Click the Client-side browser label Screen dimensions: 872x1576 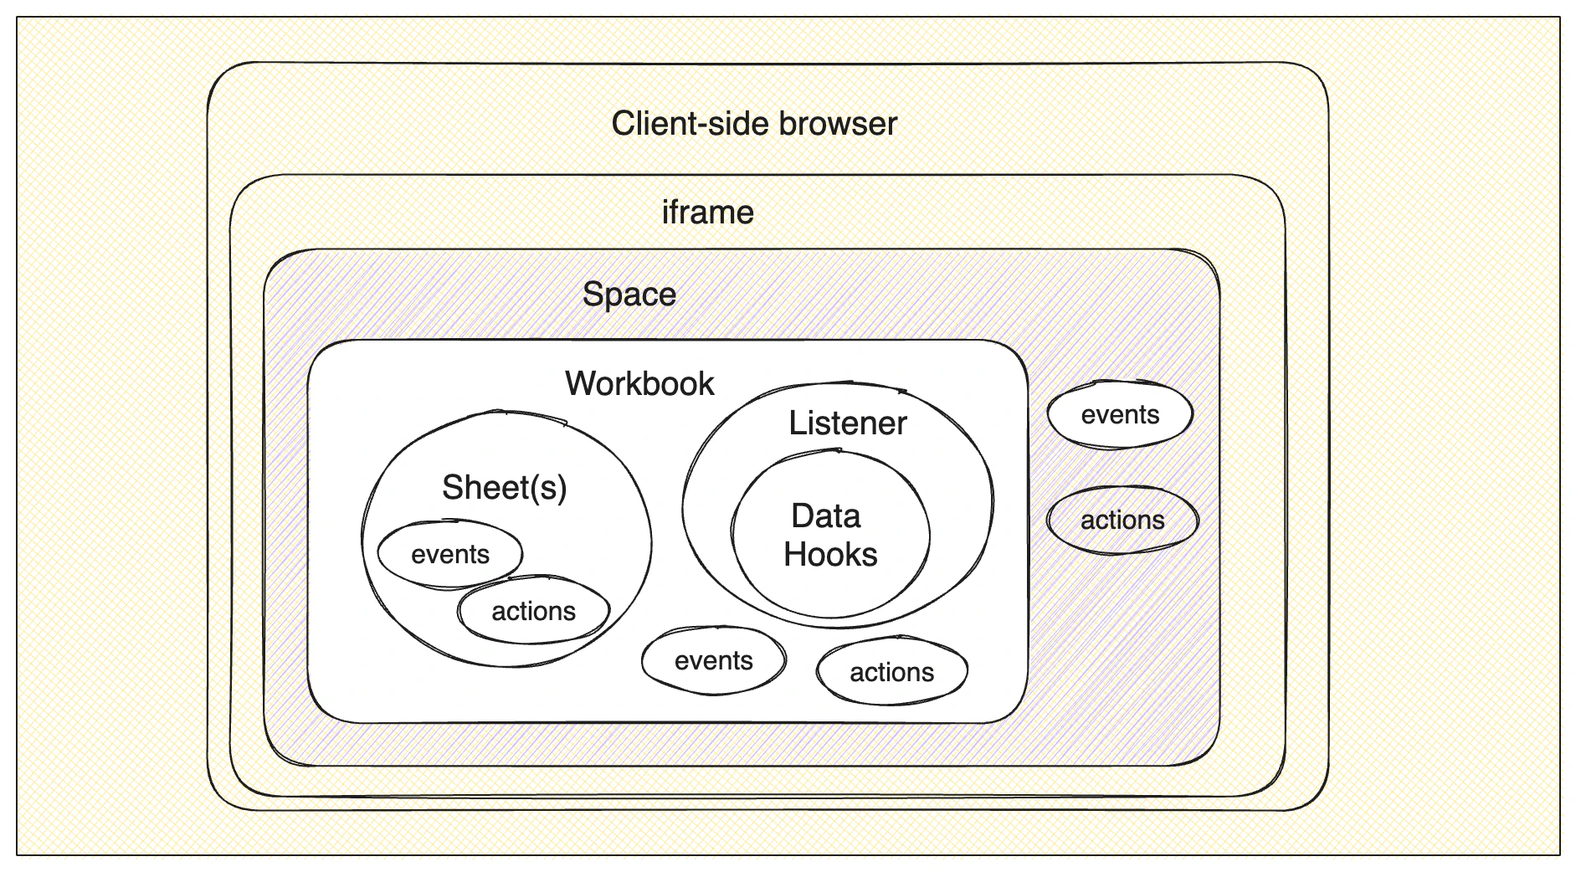[x=754, y=124]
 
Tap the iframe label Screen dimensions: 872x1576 [x=707, y=213]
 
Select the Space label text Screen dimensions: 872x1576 [x=629, y=295]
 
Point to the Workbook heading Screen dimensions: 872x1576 [x=639, y=384]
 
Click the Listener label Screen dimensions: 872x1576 [x=847, y=423]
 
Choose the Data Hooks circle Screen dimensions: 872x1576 [x=830, y=536]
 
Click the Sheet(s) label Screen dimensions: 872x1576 [x=504, y=488]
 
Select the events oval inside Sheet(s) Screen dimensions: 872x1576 [x=450, y=554]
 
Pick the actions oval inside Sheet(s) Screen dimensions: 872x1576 [x=534, y=611]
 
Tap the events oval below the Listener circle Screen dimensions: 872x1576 [x=714, y=660]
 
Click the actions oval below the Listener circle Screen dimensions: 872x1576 [x=892, y=672]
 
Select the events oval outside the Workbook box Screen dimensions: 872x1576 [x=1120, y=415]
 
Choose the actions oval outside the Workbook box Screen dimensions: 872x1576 [x=1122, y=521]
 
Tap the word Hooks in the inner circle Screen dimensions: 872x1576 [x=830, y=555]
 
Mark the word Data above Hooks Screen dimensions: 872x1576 [x=826, y=516]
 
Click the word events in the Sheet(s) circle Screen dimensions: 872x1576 [x=450, y=554]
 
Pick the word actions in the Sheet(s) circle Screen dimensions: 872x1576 [x=534, y=612]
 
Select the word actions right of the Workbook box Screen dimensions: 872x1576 [x=1122, y=521]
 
